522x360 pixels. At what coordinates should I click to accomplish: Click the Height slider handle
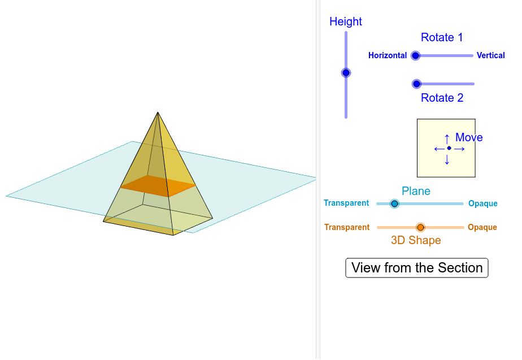(x=346, y=73)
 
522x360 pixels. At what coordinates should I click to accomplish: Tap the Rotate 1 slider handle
(x=416, y=55)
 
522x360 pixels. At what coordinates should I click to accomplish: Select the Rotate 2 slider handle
(x=417, y=84)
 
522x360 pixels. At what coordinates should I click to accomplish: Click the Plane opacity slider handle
(x=394, y=203)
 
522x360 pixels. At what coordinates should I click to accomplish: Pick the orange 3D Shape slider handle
(x=420, y=227)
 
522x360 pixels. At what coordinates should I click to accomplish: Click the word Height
(x=346, y=21)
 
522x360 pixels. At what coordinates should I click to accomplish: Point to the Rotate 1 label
(x=442, y=37)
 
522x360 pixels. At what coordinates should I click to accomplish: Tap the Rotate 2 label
(x=442, y=98)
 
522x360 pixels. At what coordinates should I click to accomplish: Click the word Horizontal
(x=388, y=55)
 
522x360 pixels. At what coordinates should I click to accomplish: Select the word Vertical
(x=490, y=55)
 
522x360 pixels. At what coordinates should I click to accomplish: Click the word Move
(x=469, y=137)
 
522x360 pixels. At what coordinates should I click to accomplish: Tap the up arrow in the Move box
(x=447, y=137)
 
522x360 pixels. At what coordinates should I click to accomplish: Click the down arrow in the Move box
(x=447, y=160)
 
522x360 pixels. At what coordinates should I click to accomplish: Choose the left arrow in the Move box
(x=437, y=149)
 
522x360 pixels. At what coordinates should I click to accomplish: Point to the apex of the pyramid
(x=158, y=112)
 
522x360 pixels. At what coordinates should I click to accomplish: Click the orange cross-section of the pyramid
(x=158, y=185)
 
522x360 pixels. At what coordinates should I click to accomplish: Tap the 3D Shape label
(x=416, y=240)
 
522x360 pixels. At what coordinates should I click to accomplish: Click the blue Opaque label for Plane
(x=482, y=203)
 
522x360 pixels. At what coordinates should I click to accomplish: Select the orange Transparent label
(x=347, y=227)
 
